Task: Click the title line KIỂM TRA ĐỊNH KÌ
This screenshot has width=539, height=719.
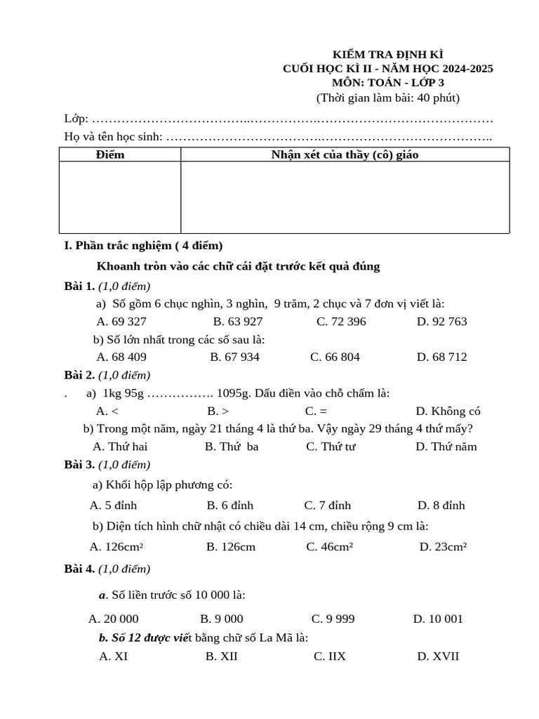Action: click(x=387, y=54)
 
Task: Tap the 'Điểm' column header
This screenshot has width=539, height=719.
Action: click(x=110, y=154)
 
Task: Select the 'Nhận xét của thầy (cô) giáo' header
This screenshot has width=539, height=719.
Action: click(x=345, y=154)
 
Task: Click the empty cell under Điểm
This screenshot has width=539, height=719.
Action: click(x=120, y=197)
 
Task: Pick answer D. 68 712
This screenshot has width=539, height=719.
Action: click(x=441, y=357)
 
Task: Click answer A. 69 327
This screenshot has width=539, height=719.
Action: click(x=121, y=322)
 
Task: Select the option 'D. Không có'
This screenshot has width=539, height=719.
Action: click(x=448, y=411)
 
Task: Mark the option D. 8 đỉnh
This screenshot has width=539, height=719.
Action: click(x=441, y=506)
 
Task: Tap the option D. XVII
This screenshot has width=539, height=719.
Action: click(x=438, y=657)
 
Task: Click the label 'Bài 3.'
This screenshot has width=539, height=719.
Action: click(x=79, y=465)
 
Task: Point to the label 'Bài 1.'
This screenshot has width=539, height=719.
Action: click(x=79, y=286)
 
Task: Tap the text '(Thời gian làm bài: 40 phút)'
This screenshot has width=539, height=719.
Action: click(x=387, y=98)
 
